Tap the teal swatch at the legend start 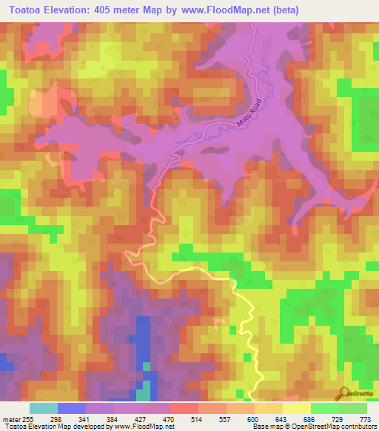44,408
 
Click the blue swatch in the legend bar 72,408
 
